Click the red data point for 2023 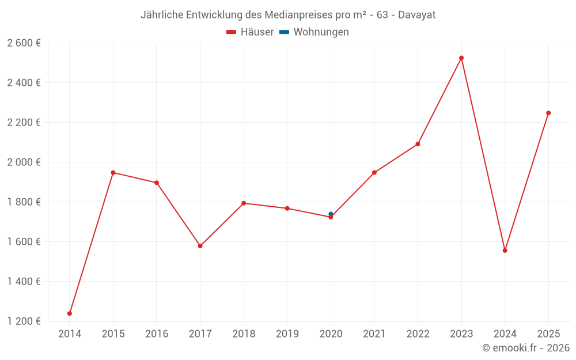click(461, 58)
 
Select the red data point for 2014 click(70, 313)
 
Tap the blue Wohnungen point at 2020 click(331, 214)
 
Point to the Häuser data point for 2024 click(505, 251)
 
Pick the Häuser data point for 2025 click(548, 113)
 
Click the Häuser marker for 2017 click(200, 246)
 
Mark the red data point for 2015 click(113, 173)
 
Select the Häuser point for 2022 click(418, 144)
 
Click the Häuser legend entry click(251, 32)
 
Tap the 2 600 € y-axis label click(24, 43)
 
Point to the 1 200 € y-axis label click(24, 321)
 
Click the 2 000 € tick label click(24, 162)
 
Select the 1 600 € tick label click(24, 241)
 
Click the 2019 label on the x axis click(287, 334)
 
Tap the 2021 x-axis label click(374, 334)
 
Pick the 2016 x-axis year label click(157, 334)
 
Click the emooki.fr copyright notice click(526, 348)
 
